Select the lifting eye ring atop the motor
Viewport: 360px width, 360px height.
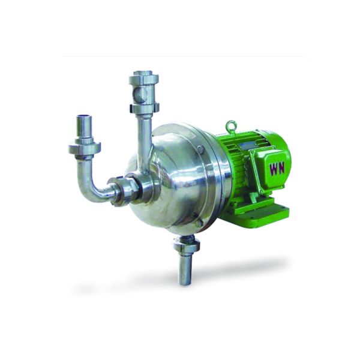pyautogui.click(x=231, y=126)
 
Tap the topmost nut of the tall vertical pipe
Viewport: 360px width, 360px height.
pyautogui.click(x=143, y=79)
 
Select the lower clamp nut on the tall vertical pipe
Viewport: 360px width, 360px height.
pyautogui.click(x=144, y=109)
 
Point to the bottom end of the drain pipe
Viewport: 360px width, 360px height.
pyautogui.click(x=185, y=280)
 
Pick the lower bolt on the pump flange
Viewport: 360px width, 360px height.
pyautogui.click(x=199, y=223)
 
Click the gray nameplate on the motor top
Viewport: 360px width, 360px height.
pyautogui.click(x=249, y=145)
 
